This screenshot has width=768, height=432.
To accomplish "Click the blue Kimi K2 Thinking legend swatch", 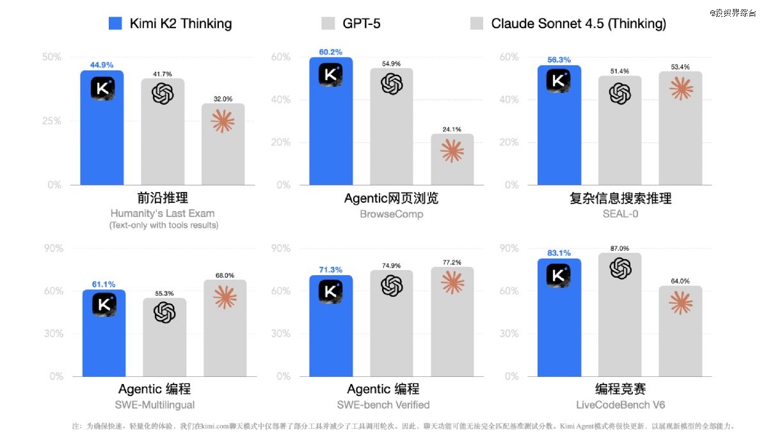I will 115,24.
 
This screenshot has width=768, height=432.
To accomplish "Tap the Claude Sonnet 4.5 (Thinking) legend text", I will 579,24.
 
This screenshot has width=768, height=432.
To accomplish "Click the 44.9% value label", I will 102,65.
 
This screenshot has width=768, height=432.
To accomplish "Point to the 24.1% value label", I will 452,129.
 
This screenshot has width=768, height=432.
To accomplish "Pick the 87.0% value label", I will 620,248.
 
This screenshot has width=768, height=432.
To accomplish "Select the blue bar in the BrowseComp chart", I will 331,122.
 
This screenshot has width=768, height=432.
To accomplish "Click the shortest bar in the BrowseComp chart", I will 452,160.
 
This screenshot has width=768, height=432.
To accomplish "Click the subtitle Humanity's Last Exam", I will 163,213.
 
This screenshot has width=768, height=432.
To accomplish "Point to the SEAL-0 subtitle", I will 620,213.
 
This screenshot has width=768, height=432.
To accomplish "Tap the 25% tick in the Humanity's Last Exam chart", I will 52,121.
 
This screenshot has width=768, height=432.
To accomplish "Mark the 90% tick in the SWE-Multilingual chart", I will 52,248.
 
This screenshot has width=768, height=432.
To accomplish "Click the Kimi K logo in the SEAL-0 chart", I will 559,81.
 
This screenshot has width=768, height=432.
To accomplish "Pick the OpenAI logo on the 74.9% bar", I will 392,285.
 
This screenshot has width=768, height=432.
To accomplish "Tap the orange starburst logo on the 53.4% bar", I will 680,88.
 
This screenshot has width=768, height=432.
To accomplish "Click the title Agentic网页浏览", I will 391,198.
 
